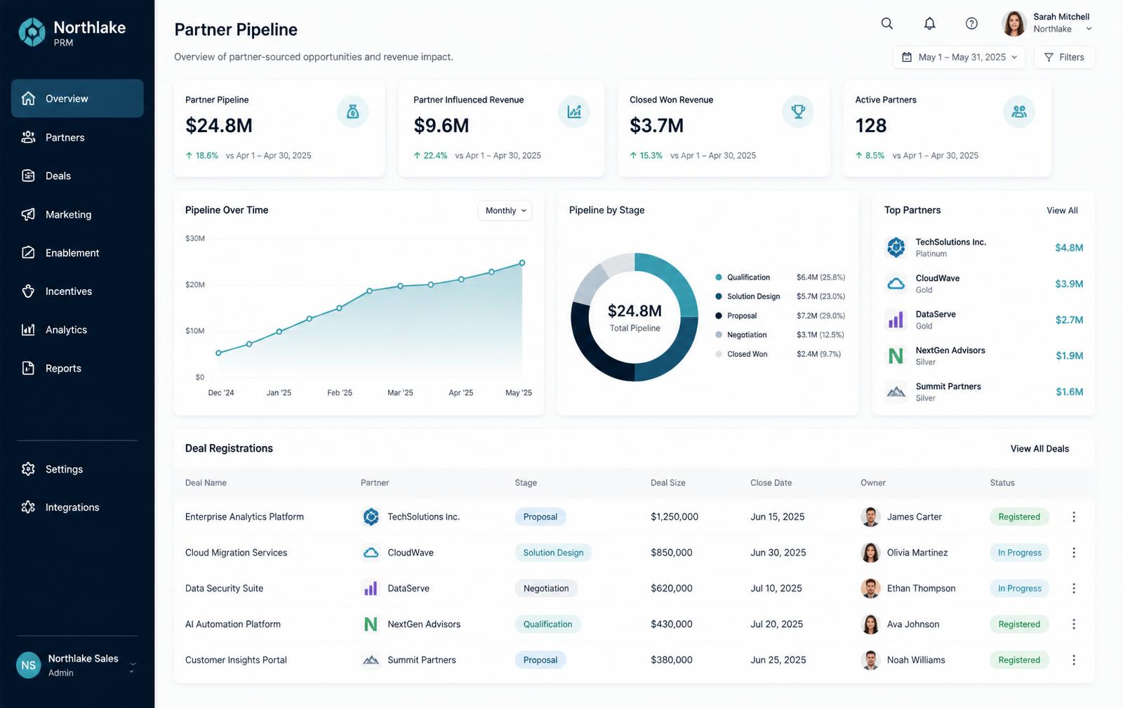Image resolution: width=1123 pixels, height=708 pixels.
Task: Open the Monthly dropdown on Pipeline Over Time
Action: click(505, 210)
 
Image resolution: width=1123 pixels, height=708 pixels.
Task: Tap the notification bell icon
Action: click(929, 24)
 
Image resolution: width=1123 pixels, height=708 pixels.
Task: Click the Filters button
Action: click(1065, 57)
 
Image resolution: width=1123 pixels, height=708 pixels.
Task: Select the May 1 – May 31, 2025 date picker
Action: click(959, 57)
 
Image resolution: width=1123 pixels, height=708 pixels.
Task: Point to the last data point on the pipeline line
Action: click(522, 263)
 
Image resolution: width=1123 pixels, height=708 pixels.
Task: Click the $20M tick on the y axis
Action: click(195, 284)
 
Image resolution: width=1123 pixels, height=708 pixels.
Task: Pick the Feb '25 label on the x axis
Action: click(340, 393)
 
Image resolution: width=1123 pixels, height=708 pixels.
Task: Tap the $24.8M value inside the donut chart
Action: click(634, 311)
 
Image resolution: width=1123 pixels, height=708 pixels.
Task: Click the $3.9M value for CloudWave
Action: click(1069, 284)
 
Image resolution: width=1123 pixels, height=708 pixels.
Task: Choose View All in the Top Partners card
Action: click(1062, 210)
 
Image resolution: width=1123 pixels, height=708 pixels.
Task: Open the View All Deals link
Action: click(1039, 449)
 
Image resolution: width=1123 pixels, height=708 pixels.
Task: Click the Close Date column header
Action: click(771, 483)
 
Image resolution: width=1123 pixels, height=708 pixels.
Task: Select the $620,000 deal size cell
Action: click(671, 588)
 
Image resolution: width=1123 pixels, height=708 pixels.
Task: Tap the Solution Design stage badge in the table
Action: click(553, 553)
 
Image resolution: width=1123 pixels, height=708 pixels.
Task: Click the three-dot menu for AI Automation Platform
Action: click(1074, 624)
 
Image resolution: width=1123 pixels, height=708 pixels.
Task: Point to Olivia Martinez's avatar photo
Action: click(870, 553)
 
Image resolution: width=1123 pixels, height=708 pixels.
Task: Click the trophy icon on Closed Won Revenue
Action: click(797, 112)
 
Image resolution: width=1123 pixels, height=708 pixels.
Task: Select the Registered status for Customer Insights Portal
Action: click(1018, 660)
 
